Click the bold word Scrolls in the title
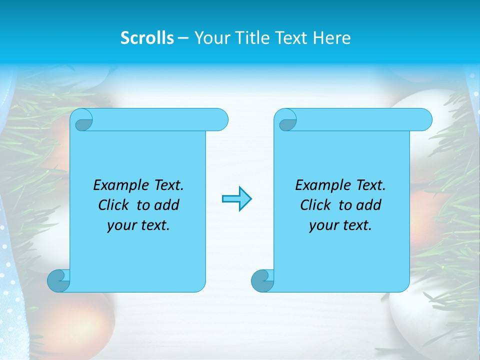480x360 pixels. coord(147,38)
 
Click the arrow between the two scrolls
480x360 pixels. coord(236,199)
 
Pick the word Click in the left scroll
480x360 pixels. coord(114,205)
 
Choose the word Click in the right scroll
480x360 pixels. coord(316,205)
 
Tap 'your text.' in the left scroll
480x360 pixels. coord(138,225)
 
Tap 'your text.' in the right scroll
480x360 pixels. coord(340,225)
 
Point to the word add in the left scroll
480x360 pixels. coord(167,205)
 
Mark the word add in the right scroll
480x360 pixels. coord(369,205)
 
